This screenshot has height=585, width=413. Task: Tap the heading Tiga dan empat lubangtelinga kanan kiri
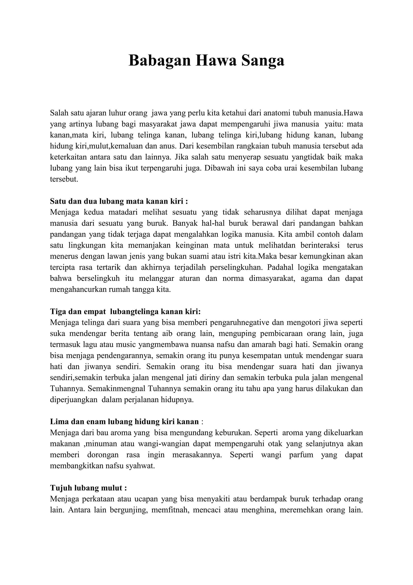pyautogui.click(x=125, y=311)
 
